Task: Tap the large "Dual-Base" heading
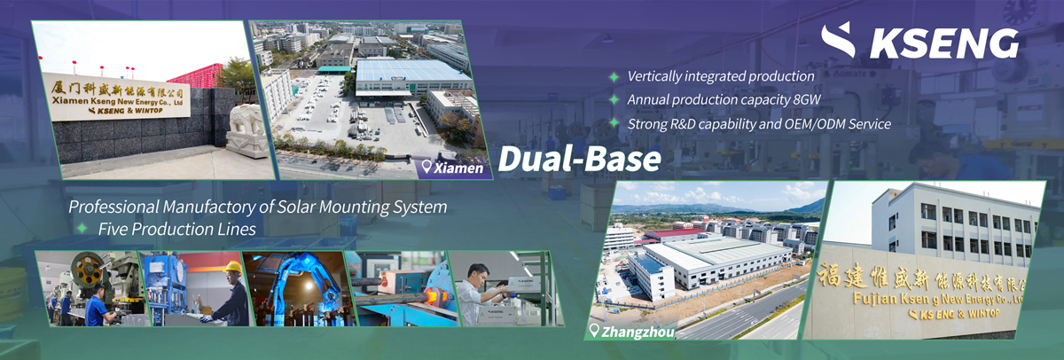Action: click(579, 158)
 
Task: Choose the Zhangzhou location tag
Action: click(631, 333)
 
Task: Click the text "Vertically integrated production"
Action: click(720, 77)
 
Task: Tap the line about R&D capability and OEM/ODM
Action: click(758, 123)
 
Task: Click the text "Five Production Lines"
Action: click(176, 229)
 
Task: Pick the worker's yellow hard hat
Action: click(232, 267)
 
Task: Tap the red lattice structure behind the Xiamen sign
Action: click(196, 79)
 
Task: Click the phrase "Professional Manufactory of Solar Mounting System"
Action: click(258, 207)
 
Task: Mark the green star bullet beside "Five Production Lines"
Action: click(82, 229)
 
